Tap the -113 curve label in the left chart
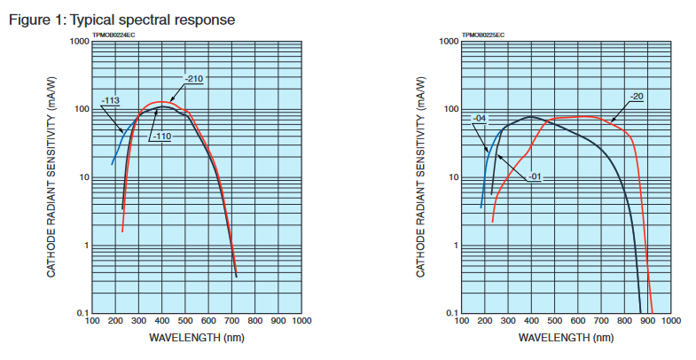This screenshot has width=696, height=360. coord(111,101)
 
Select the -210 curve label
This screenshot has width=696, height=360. coord(194,80)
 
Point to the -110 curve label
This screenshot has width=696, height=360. coord(160,137)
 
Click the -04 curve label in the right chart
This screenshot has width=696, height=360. coord(480,119)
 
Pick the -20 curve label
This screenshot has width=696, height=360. coord(636,96)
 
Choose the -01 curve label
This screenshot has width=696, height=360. coord(536,177)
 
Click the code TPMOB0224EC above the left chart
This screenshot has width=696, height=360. coord(113,35)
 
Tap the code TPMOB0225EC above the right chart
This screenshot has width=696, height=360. coord(483,35)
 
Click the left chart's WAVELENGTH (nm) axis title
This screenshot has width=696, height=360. coord(196,338)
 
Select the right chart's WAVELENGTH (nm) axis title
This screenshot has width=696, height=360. coord(566,338)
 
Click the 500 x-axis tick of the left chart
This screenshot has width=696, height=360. coord(184,321)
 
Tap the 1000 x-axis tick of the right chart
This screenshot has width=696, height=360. coord(670,321)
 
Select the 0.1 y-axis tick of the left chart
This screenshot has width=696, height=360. coord(80,314)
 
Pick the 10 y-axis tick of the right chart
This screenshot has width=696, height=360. coord(452,177)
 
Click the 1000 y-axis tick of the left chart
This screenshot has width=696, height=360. coord(77,42)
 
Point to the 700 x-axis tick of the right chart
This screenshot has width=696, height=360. coord(600,321)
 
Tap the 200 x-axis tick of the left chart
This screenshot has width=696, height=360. coord(115,321)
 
